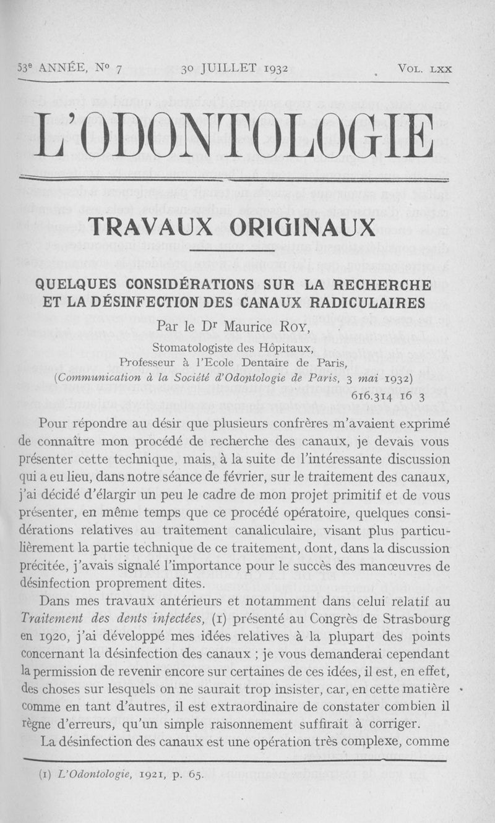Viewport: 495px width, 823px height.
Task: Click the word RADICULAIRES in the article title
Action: [x=362, y=302]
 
